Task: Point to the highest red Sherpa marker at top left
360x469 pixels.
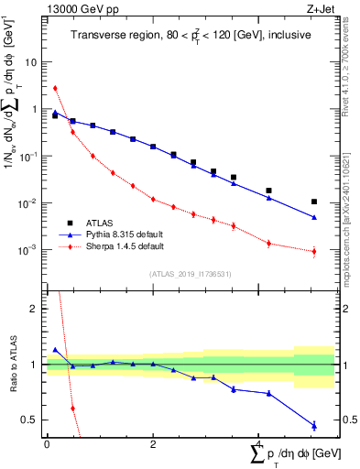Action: (x=55, y=88)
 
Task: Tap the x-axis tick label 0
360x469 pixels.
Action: (x=47, y=444)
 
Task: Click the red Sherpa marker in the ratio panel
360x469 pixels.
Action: (x=72, y=408)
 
